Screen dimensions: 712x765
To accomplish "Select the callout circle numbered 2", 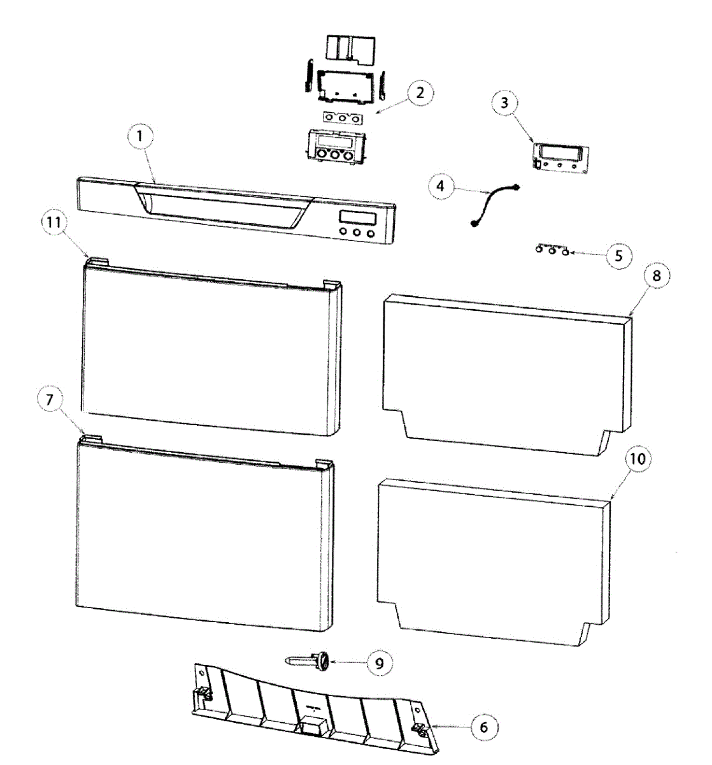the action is [x=419, y=93].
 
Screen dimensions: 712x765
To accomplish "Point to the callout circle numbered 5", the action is [x=619, y=256].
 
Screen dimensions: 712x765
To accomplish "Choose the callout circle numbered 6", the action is [x=484, y=727].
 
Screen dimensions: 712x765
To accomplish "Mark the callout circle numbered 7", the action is [x=50, y=400].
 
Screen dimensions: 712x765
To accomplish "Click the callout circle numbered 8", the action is [x=657, y=276].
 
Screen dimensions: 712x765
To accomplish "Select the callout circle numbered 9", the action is [x=380, y=663].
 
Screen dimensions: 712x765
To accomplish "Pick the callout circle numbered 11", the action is [x=53, y=223].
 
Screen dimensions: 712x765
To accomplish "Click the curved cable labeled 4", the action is [x=494, y=204].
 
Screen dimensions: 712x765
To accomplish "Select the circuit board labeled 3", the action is [x=559, y=157].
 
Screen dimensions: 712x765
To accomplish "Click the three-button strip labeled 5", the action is [x=552, y=250].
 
